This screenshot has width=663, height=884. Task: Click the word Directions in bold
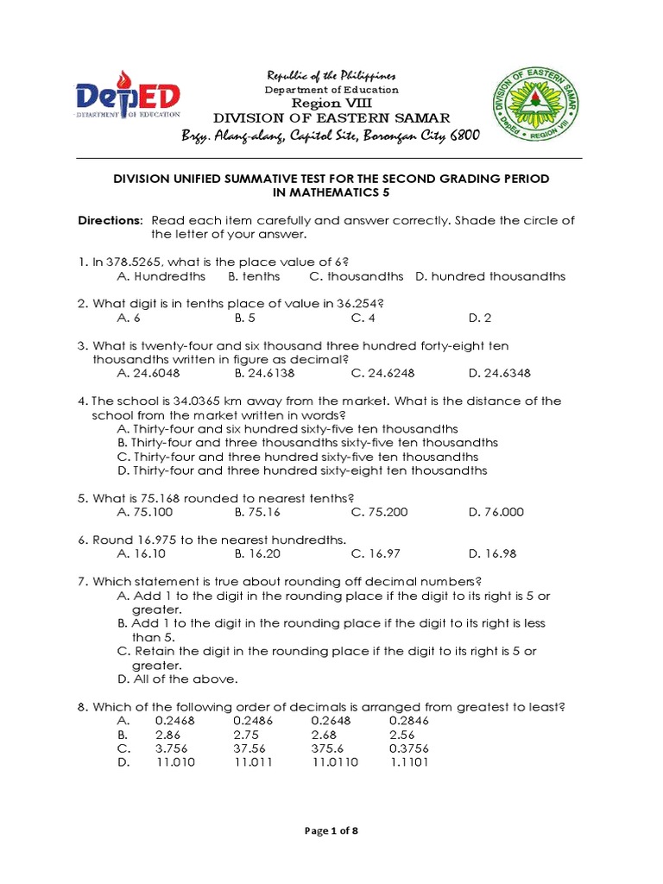tap(110, 220)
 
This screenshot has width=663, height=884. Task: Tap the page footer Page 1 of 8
tap(331, 830)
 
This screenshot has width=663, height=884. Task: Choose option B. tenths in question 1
tap(254, 276)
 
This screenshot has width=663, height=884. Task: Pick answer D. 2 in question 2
tap(480, 318)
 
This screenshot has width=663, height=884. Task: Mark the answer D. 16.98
tap(492, 553)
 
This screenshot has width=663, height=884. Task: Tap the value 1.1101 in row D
tap(409, 762)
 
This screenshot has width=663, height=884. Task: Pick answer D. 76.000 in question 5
tap(496, 512)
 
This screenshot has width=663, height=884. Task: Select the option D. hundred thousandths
tap(489, 276)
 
